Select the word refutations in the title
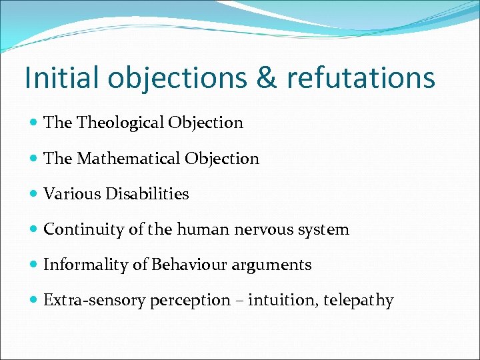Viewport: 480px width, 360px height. (x=361, y=77)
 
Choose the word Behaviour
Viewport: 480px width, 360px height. (x=189, y=265)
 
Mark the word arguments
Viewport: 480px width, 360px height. (x=271, y=265)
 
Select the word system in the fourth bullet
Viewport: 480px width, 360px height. (x=325, y=230)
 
